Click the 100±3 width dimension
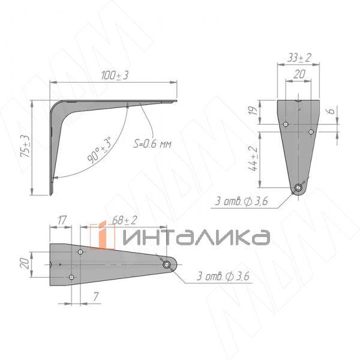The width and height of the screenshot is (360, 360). tap(115, 76)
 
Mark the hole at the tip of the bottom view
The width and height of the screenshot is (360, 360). tap(166, 264)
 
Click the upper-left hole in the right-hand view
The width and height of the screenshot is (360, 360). tap(286, 124)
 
